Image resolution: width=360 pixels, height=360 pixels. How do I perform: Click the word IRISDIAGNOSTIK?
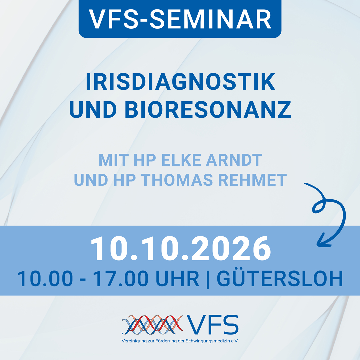coord(180,82)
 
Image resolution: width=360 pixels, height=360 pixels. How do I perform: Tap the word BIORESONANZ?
coord(208,109)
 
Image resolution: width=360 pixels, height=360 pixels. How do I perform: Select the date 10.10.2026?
coord(181,248)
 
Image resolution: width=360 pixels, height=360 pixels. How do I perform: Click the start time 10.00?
coord(45,278)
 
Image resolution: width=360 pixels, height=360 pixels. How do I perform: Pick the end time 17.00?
coord(121,278)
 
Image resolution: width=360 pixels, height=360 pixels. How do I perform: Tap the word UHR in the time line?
coord(177,278)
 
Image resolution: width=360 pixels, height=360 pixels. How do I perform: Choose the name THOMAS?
coord(177,180)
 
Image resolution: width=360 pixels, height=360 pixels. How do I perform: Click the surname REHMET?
coord(252,180)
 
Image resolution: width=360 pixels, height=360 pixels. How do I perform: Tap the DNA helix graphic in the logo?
coord(152,325)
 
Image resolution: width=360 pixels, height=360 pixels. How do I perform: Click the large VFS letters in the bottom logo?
coord(212,325)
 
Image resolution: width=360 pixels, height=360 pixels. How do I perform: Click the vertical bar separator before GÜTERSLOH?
coord(208,279)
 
